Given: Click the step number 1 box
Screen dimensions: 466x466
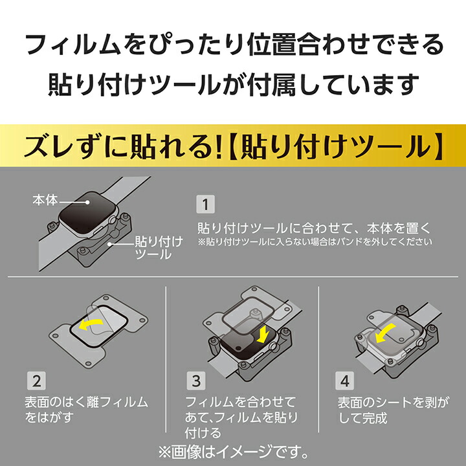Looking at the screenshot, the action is [x=205, y=204].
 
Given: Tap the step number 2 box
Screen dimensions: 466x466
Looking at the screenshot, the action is [x=36, y=381].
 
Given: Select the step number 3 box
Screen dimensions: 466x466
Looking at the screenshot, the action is [x=196, y=381].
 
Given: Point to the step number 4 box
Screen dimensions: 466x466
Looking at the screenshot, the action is [x=345, y=381].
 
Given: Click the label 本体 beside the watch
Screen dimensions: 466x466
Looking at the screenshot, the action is [x=45, y=200].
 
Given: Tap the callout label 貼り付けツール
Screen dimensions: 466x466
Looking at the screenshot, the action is [x=159, y=248].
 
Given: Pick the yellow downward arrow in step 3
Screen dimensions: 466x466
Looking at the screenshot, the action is [x=263, y=335].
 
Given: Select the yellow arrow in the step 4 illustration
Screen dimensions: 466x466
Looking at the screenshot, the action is [x=385, y=333].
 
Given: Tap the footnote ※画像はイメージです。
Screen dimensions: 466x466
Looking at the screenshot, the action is [x=233, y=452].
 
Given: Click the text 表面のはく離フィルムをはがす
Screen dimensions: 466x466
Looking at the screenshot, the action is [x=86, y=410].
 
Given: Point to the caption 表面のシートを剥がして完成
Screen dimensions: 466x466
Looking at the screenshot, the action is [x=393, y=410].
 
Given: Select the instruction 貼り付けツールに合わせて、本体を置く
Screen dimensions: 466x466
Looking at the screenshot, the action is [x=314, y=228].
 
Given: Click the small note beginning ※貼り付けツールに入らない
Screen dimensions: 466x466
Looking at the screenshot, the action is [x=315, y=241].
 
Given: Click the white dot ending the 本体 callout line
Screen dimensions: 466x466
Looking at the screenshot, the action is [x=87, y=202].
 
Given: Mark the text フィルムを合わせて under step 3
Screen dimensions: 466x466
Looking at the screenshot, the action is [x=240, y=402].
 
